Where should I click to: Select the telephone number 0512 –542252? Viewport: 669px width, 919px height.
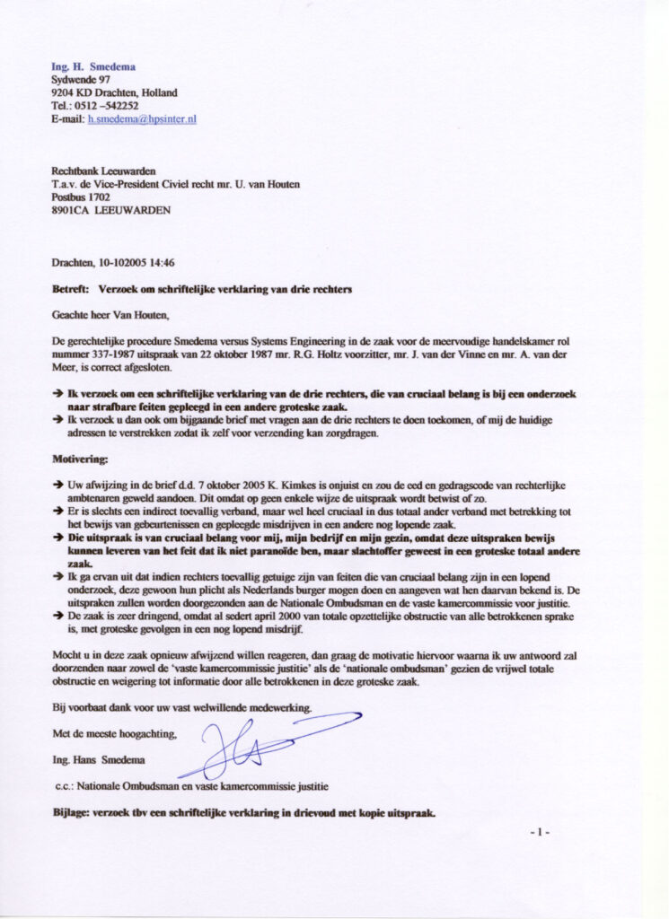coord(106,105)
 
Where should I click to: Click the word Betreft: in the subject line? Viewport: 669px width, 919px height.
coord(70,290)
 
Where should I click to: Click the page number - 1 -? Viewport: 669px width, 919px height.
coord(539,833)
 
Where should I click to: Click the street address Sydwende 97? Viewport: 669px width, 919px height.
coord(80,80)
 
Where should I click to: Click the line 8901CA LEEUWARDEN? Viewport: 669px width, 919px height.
coord(110,211)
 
